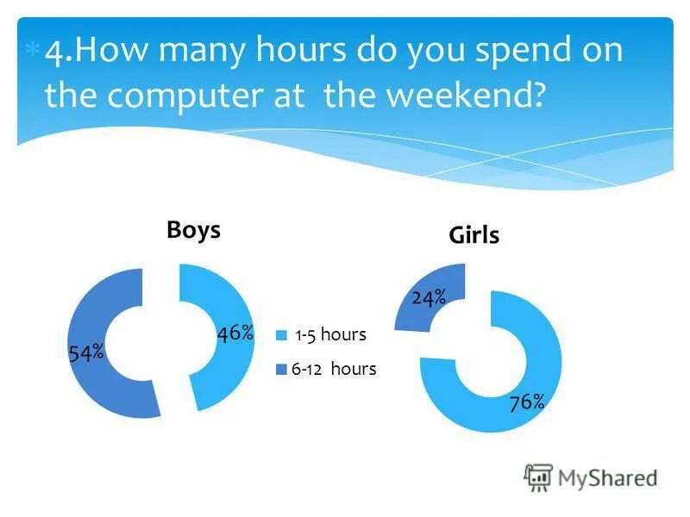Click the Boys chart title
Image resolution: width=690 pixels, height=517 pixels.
click(x=193, y=230)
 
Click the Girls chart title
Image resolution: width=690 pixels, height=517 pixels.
click(x=474, y=235)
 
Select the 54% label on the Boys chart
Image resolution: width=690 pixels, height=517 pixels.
click(x=86, y=352)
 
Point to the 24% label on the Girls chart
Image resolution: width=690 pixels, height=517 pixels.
click(x=429, y=298)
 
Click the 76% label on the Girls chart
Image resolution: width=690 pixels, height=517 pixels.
click(x=526, y=402)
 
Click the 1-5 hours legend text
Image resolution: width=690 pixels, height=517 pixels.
click(x=330, y=335)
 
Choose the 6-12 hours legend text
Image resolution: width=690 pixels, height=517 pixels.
click(x=334, y=369)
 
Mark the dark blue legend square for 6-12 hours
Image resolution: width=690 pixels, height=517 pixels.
click(x=280, y=370)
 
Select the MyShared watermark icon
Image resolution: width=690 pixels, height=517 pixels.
click(x=538, y=477)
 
